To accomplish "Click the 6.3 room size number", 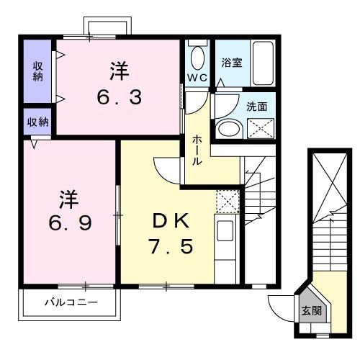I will click(119, 96).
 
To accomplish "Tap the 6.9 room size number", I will click(69, 223).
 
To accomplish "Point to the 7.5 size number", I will click(170, 247).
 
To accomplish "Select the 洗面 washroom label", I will click(257, 106).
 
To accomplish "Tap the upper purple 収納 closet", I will click(38, 71).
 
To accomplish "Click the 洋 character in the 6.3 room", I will click(119, 71).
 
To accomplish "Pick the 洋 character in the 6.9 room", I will click(68, 197).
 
